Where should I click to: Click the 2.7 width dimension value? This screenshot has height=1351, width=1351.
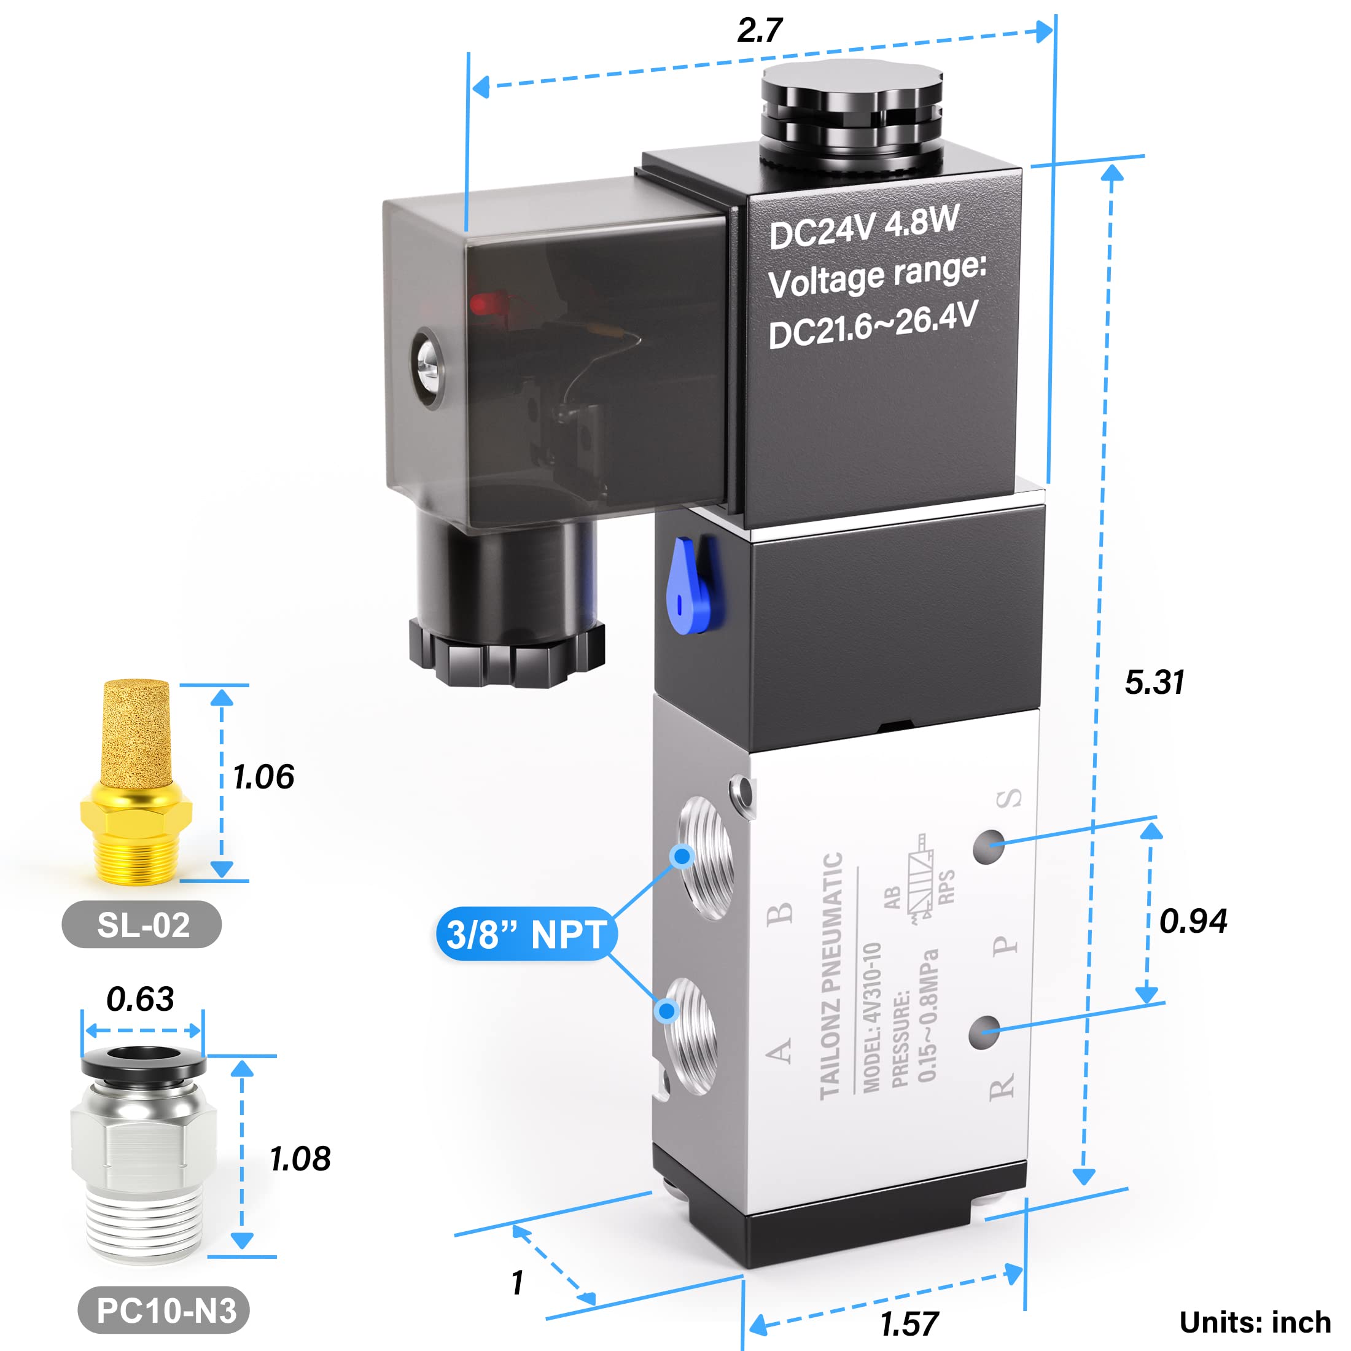point(760,31)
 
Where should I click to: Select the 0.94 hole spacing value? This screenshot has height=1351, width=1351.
point(1193,921)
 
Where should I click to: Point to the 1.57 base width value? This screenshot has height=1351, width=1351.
point(909,1324)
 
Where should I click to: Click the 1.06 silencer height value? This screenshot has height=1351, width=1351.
point(263,777)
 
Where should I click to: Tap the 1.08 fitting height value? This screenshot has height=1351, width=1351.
point(301,1159)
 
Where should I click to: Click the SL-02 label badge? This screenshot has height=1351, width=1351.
point(142,925)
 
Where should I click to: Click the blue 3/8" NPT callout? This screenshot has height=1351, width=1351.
point(526,934)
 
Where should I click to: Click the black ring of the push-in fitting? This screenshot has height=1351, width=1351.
point(143,1064)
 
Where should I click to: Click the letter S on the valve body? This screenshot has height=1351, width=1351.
point(1009,798)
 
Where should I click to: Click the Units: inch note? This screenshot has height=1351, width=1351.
point(1255,1322)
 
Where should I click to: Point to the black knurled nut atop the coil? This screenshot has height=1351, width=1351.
point(851,115)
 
